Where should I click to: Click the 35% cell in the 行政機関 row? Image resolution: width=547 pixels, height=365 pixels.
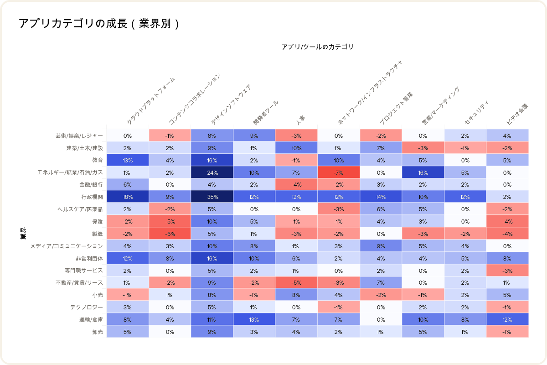(x=212, y=197)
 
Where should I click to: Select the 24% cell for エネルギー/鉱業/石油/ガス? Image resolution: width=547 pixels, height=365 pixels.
(x=212, y=172)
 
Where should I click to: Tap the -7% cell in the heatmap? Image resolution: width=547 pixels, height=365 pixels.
(x=339, y=172)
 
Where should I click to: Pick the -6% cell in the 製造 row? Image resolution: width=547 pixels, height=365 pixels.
(x=170, y=234)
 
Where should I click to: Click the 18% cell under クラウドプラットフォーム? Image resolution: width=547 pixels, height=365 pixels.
(x=128, y=197)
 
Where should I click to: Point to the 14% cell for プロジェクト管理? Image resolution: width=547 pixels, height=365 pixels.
(x=381, y=197)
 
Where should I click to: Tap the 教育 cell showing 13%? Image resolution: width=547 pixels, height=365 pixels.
(x=128, y=160)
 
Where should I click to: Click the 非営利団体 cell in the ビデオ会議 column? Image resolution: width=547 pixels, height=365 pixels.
(x=507, y=259)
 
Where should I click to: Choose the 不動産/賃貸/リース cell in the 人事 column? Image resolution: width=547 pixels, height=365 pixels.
(x=296, y=283)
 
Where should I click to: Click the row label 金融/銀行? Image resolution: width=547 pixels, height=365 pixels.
(x=91, y=185)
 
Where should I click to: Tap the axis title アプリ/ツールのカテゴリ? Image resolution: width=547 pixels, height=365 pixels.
(x=317, y=47)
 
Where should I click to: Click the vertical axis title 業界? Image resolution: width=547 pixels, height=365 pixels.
(x=22, y=233)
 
